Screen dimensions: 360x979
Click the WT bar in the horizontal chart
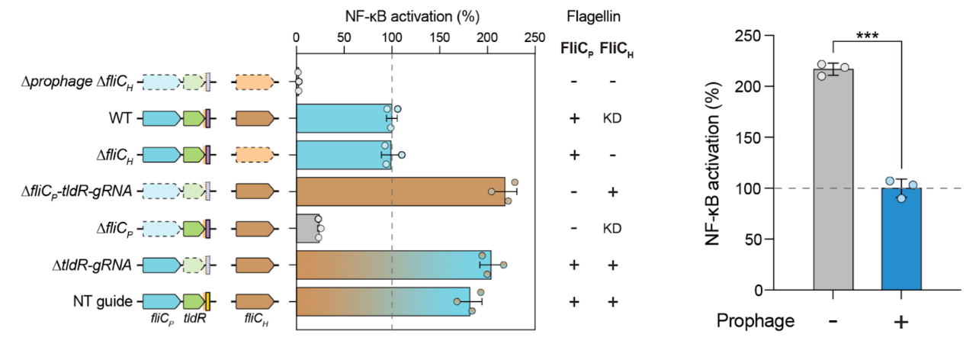(x=343, y=118)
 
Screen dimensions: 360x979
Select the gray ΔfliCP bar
(x=307, y=228)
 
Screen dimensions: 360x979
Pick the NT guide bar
(x=381, y=301)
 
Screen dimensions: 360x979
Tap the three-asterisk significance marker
(x=867, y=36)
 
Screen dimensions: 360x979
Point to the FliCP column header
(x=575, y=50)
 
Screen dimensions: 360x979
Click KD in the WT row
(x=612, y=118)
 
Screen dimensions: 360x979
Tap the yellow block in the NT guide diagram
(x=207, y=301)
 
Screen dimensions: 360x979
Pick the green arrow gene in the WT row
(x=192, y=118)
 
